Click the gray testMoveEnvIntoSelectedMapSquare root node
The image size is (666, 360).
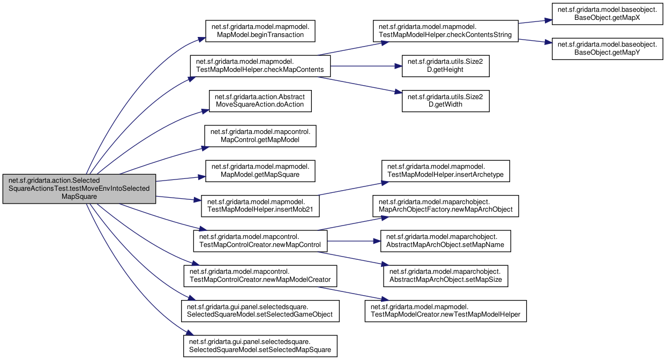click(79, 189)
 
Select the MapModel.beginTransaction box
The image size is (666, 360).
click(260, 31)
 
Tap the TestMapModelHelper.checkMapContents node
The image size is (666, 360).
click(260, 66)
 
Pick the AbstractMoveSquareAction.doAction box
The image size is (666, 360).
click(260, 101)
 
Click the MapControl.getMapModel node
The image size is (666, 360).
click(260, 136)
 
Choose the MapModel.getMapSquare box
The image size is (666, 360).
click(260, 171)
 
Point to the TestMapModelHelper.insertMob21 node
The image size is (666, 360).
click(260, 206)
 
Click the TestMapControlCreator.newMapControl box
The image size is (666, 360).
click(260, 241)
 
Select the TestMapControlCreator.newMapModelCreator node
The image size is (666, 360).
click(260, 276)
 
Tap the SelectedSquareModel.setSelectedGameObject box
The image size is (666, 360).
click(260, 311)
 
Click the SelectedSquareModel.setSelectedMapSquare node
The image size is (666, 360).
click(260, 346)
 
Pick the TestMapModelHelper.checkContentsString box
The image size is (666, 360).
click(445, 31)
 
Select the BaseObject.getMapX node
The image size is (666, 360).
click(607, 14)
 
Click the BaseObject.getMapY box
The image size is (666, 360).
click(607, 49)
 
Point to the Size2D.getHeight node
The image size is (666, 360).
click(445, 66)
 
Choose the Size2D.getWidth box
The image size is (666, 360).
click(445, 101)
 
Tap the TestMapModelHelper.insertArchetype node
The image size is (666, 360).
click(445, 171)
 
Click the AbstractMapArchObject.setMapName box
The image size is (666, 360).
click(445, 241)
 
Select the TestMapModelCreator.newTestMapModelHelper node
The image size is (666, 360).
click(445, 311)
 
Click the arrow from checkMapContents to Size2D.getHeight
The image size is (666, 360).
click(366, 66)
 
